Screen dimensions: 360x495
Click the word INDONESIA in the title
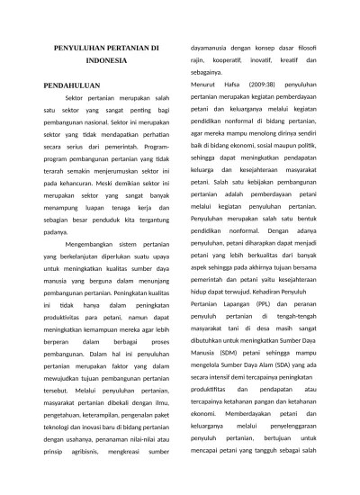tap(106, 61)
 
